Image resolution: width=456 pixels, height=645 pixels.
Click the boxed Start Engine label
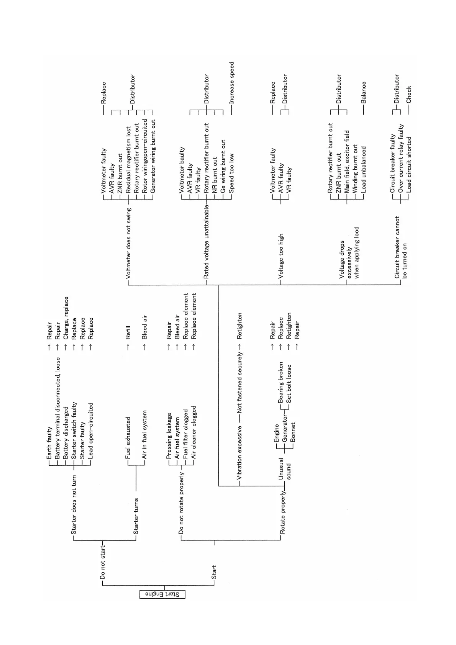coord(162,594)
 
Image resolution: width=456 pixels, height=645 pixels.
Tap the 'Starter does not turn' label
coord(74,504)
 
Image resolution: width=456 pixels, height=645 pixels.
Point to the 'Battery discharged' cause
coord(66,433)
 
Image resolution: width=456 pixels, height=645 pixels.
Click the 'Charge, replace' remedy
coord(66,318)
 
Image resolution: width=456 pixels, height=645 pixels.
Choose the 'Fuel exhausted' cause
coord(128,438)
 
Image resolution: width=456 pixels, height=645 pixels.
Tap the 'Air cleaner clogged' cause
coord(194,432)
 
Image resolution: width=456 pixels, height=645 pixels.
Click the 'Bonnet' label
coord(293,432)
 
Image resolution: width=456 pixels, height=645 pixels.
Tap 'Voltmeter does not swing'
coord(128,243)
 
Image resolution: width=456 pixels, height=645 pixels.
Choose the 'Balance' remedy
coord(364,92)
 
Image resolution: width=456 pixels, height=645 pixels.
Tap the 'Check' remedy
coord(409,94)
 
